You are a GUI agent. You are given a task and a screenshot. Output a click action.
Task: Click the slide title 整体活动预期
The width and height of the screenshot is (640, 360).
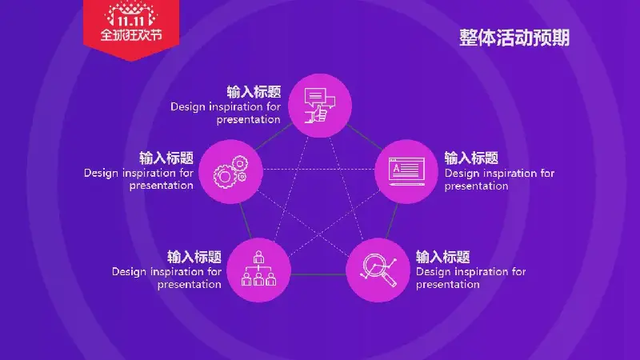[x=514, y=38]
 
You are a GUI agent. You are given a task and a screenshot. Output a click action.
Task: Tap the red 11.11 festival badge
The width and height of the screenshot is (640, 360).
[x=131, y=30]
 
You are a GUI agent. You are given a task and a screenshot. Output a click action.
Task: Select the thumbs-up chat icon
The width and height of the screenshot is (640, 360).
[x=319, y=106]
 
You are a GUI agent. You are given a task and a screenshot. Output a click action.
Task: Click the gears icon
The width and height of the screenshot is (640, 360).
[x=230, y=172]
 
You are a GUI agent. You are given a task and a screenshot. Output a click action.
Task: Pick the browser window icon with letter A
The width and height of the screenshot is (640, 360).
[x=406, y=171]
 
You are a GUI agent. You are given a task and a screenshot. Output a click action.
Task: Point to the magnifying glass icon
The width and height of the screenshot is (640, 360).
[x=378, y=270]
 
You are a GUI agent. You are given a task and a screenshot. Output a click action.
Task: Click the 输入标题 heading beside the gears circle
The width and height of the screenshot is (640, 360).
[x=166, y=158]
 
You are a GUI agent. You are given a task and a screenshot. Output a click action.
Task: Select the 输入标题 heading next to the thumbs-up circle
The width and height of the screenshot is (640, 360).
[x=254, y=92]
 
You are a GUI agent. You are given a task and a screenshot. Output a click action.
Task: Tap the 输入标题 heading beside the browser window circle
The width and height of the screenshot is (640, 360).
[x=471, y=158]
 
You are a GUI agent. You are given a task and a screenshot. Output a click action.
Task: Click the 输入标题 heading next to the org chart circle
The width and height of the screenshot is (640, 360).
[x=194, y=257]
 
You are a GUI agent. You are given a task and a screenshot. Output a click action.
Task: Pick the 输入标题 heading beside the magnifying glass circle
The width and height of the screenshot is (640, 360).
[x=443, y=257]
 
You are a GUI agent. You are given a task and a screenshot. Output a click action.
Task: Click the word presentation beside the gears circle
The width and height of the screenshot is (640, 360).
[x=162, y=186]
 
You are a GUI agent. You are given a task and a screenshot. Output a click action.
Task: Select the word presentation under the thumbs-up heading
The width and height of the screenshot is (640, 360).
[x=248, y=120]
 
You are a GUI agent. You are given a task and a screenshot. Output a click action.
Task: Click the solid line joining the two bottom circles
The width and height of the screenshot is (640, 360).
[x=318, y=274]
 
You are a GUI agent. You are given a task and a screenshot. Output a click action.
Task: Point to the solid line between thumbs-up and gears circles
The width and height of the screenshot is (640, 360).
[x=274, y=136]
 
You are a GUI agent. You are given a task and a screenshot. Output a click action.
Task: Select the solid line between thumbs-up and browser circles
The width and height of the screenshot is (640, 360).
[x=365, y=137]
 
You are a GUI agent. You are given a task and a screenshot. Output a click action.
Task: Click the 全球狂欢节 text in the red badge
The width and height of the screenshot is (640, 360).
[x=131, y=35]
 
